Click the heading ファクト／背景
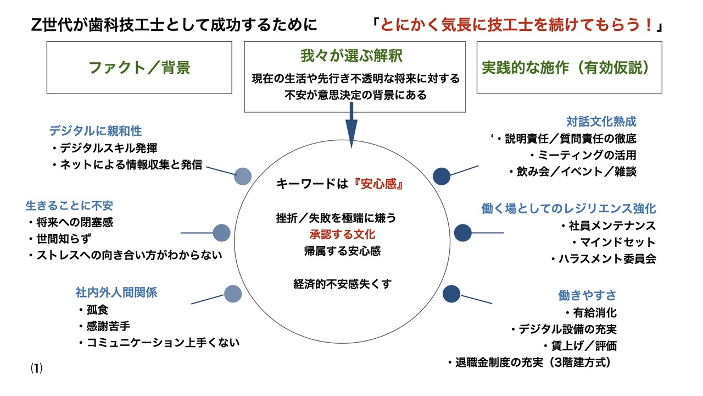click(x=140, y=68)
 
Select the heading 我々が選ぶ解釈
click(x=351, y=56)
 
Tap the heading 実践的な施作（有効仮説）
click(x=565, y=68)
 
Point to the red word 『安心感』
click(x=378, y=184)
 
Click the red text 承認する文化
click(x=342, y=234)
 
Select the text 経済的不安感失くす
click(x=342, y=284)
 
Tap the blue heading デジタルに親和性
click(x=96, y=131)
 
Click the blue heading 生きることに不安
click(x=69, y=206)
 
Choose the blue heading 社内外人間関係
click(x=116, y=293)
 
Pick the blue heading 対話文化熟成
click(x=601, y=122)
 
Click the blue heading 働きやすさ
click(x=587, y=295)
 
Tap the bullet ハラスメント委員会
click(x=604, y=258)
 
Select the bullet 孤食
click(x=93, y=310)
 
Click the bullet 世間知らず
click(x=60, y=239)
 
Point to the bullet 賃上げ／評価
click(x=581, y=346)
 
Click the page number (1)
click(x=36, y=369)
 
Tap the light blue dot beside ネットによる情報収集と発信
click(x=243, y=177)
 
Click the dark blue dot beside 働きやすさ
click(x=451, y=294)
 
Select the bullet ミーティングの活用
click(x=583, y=155)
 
